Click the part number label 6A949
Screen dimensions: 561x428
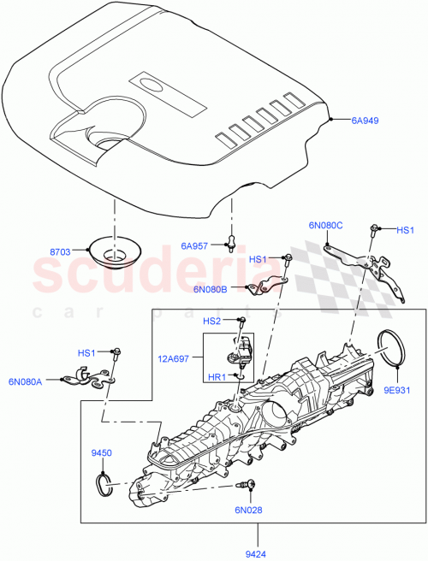pos(366,121)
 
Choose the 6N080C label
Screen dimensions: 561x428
pos(325,225)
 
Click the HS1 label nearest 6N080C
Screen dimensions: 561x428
pos(405,230)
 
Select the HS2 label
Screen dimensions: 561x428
pos(211,321)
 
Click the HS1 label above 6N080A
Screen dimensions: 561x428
pos(87,352)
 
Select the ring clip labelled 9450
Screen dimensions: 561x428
pos(104,485)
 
